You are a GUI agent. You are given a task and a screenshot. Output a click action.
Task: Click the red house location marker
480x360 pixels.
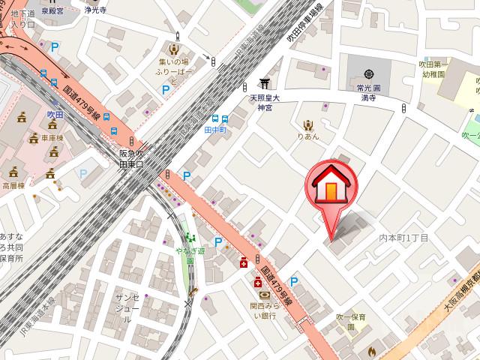[x=329, y=187]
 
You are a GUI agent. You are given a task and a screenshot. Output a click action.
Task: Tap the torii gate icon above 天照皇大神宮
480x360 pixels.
[x=264, y=82]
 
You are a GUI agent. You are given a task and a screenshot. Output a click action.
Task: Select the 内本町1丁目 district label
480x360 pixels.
[x=403, y=238]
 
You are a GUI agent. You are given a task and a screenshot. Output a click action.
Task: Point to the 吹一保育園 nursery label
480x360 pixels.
[x=350, y=322]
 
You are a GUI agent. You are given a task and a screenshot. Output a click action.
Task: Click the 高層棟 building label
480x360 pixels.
[x=13, y=184]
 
